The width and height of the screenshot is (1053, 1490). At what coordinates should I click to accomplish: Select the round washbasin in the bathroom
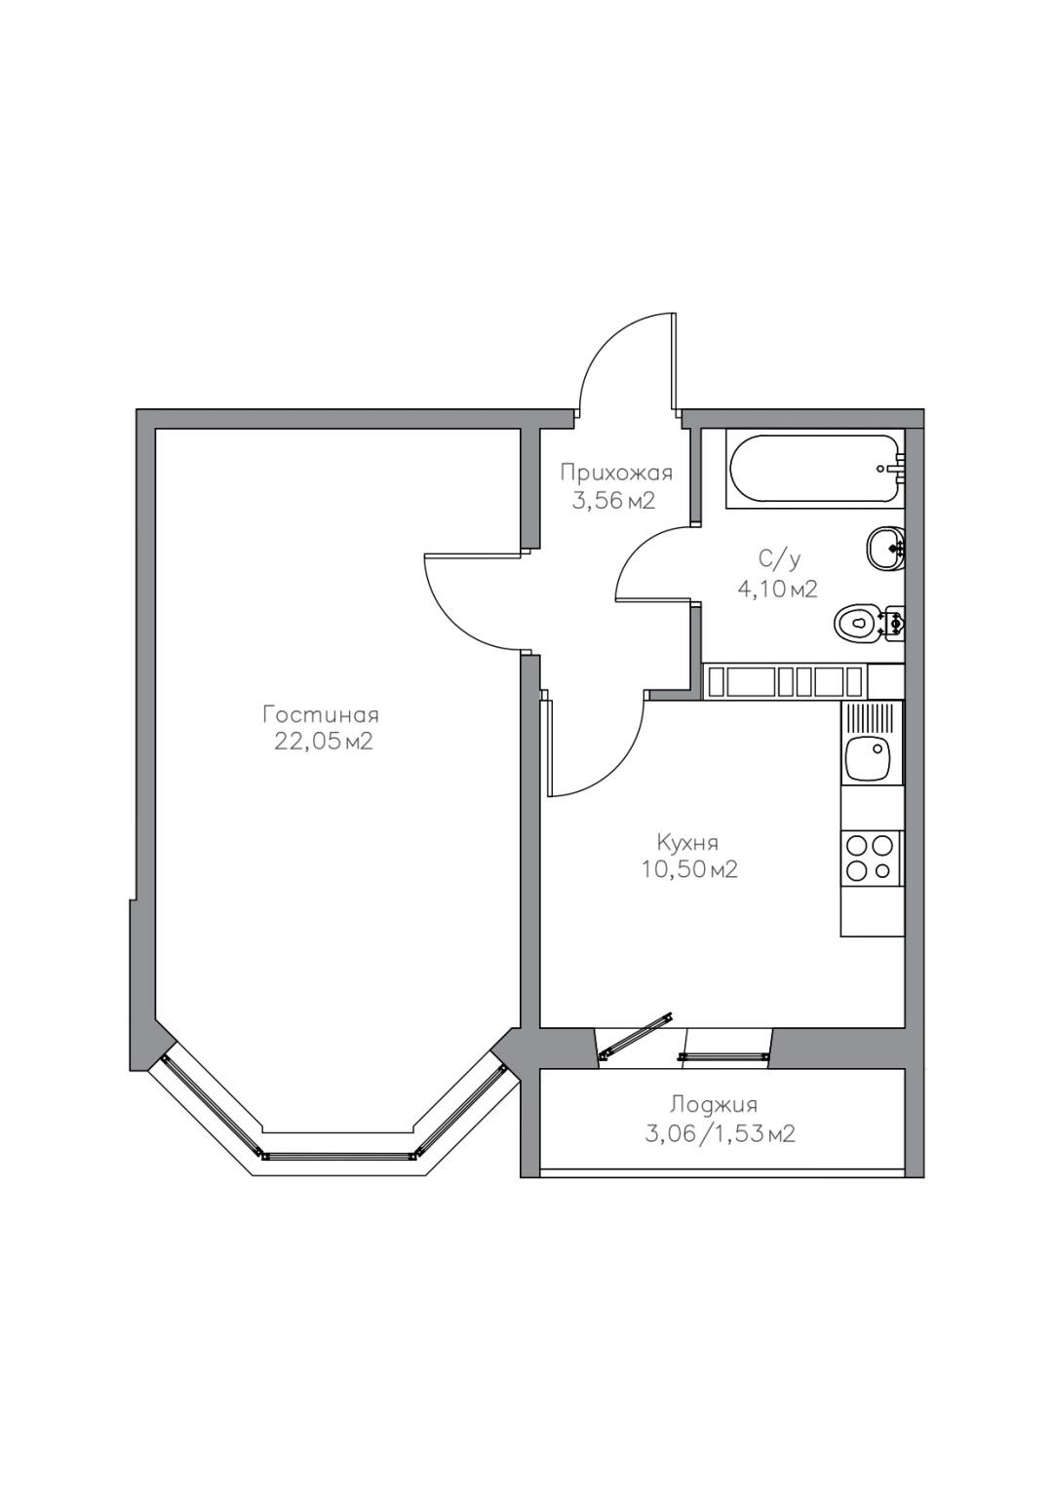pos(886,548)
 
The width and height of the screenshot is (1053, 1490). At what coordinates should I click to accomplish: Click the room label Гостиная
pos(321,715)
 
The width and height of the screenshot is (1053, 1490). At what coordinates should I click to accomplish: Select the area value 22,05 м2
pos(323,741)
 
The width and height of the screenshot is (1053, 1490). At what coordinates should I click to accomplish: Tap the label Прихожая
pos(615,473)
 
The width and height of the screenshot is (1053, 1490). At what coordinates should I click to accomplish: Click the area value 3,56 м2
pos(613,500)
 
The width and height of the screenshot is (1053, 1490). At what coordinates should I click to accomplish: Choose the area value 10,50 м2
pos(689,869)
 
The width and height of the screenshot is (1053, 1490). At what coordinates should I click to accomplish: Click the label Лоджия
pos(714,1105)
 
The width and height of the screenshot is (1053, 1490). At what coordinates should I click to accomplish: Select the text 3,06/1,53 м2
pos(720,1132)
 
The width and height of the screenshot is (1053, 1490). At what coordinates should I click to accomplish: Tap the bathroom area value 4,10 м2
pos(776,588)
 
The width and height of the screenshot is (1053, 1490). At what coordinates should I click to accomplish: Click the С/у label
pos(778,561)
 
